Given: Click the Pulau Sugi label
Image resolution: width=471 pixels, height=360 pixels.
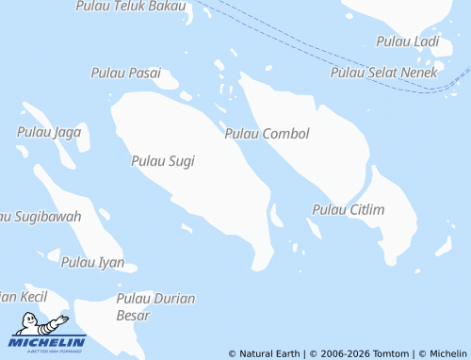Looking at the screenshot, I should click(163, 161).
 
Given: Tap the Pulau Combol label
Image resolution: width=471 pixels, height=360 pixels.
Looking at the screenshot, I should click(267, 134).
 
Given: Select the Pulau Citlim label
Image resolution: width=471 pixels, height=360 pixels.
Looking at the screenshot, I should click(348, 209).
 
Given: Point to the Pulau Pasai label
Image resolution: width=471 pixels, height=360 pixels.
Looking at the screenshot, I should click(125, 73).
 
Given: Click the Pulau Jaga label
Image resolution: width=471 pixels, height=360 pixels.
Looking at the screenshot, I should click(49, 132).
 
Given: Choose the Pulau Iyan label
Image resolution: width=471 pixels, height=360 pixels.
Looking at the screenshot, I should click(92, 262).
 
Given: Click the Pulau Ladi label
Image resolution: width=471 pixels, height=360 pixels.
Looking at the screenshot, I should click(407, 41).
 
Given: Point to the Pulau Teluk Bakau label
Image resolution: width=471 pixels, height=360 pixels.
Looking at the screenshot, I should click(130, 6).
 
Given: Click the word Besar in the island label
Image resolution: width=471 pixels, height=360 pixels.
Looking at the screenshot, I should click(132, 316).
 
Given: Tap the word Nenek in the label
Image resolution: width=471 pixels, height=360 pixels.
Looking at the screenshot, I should click(417, 73).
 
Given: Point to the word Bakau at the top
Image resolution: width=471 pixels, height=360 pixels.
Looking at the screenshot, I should click(166, 6).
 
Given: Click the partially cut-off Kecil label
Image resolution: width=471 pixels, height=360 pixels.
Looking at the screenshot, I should click(24, 296).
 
